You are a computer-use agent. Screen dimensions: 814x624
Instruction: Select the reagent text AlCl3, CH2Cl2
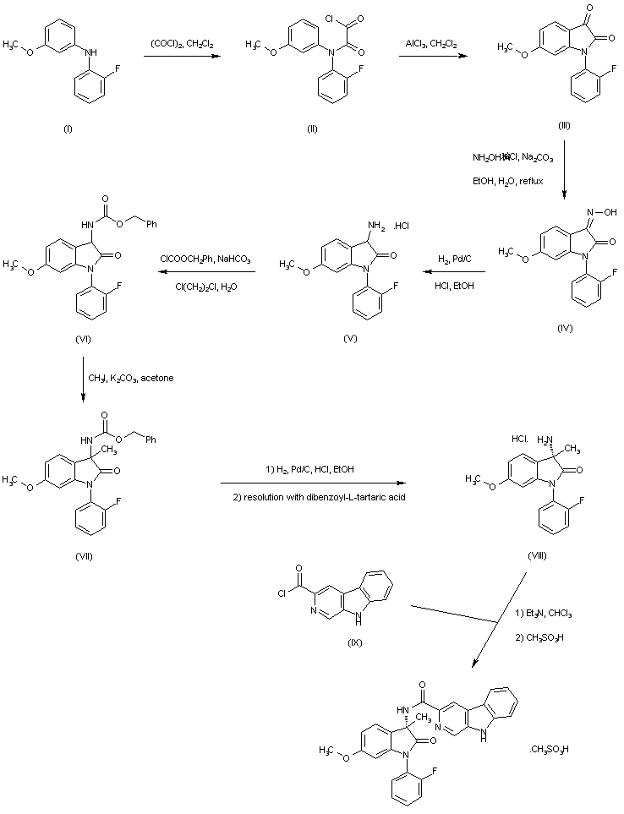(430, 44)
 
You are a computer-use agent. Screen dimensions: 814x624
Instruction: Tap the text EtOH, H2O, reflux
(507, 181)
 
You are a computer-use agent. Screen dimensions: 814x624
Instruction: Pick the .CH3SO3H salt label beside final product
(550, 749)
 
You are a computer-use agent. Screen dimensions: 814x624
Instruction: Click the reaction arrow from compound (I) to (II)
(181, 57)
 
